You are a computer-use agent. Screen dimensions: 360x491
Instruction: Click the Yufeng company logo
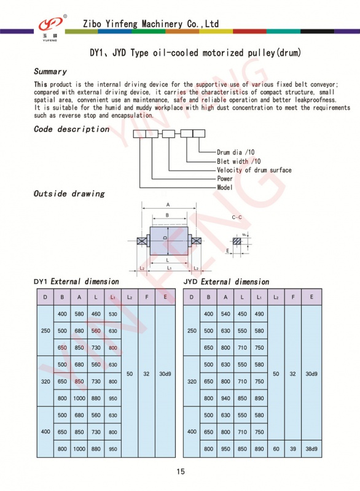[51, 27]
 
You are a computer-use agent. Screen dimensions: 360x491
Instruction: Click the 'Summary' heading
[50, 72]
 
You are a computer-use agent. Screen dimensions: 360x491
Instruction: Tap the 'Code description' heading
[71, 130]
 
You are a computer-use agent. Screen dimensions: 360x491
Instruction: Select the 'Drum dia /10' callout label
[236, 152]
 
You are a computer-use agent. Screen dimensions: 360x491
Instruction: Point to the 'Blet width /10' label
[239, 161]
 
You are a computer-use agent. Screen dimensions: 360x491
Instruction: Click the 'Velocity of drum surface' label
[254, 170]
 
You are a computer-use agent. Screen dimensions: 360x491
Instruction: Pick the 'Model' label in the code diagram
[225, 187]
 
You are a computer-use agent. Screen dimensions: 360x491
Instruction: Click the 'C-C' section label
[237, 217]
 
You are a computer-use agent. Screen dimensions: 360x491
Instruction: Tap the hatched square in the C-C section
[237, 241]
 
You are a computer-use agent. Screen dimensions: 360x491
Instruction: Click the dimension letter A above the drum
[168, 205]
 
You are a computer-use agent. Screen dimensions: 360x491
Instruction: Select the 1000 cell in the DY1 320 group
[79, 398]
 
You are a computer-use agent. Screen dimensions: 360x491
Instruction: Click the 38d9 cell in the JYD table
[311, 449]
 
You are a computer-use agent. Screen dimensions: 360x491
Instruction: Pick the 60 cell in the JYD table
[276, 449]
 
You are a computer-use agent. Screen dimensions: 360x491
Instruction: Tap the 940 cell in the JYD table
[225, 398]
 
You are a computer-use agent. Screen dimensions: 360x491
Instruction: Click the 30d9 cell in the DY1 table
[165, 374]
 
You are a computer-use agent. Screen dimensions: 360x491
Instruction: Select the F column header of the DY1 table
[147, 297]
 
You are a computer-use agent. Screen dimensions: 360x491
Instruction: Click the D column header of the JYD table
[192, 297]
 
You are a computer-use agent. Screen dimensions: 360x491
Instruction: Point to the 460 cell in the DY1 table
[96, 314]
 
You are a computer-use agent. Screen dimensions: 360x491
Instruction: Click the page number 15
[181, 471]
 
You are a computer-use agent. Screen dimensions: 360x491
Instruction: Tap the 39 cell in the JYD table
[293, 449]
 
